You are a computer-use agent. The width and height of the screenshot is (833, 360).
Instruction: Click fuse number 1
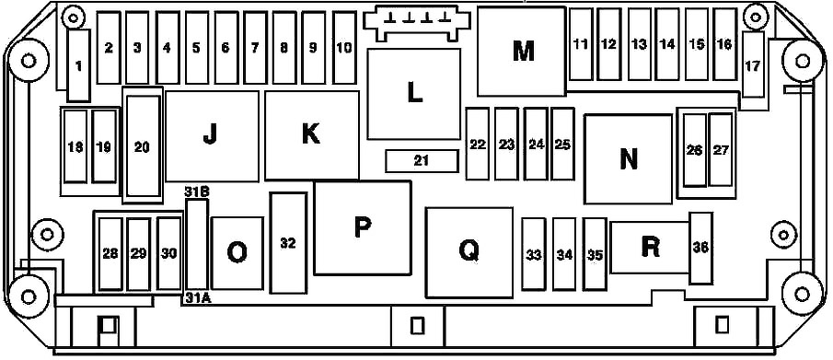tap(79, 65)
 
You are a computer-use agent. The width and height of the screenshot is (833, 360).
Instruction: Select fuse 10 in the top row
tap(344, 48)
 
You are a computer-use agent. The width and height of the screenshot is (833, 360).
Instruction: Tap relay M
tap(521, 51)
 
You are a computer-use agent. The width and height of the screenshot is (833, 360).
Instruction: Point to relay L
tap(414, 94)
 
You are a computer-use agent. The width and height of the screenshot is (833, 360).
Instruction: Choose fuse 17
tap(753, 64)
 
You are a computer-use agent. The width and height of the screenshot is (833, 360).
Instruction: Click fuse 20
tap(143, 146)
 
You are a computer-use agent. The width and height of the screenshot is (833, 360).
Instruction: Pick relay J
tap(212, 136)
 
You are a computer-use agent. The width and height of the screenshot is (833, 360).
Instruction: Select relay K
tap(312, 135)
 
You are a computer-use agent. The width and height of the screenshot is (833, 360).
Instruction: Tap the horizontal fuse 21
tap(422, 161)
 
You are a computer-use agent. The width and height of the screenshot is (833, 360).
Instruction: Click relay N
tap(629, 158)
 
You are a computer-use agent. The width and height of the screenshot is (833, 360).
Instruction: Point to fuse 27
tap(721, 149)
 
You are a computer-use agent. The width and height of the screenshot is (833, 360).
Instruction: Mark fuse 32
tap(288, 243)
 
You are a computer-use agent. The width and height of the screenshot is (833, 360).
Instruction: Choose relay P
tap(363, 228)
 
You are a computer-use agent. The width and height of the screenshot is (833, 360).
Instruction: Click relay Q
tap(469, 252)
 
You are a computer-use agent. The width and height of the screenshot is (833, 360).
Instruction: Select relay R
tap(650, 248)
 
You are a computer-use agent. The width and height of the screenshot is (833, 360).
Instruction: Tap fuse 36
tap(701, 249)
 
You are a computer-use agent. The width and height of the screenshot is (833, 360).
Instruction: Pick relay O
tap(237, 253)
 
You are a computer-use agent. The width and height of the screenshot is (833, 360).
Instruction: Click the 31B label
tap(196, 192)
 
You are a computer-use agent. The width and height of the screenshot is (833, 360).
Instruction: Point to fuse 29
tap(138, 254)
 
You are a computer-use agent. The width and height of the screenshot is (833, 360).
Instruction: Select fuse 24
tap(536, 145)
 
